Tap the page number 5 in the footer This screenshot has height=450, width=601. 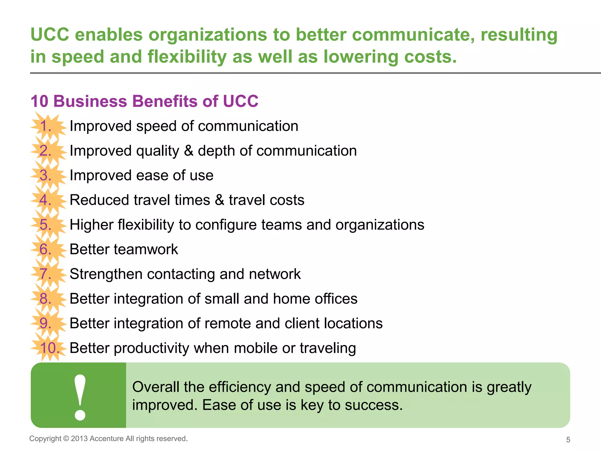568,440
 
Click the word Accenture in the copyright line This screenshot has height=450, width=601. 107,439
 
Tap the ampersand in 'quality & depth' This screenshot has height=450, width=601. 189,151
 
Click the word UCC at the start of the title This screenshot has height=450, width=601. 50,35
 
